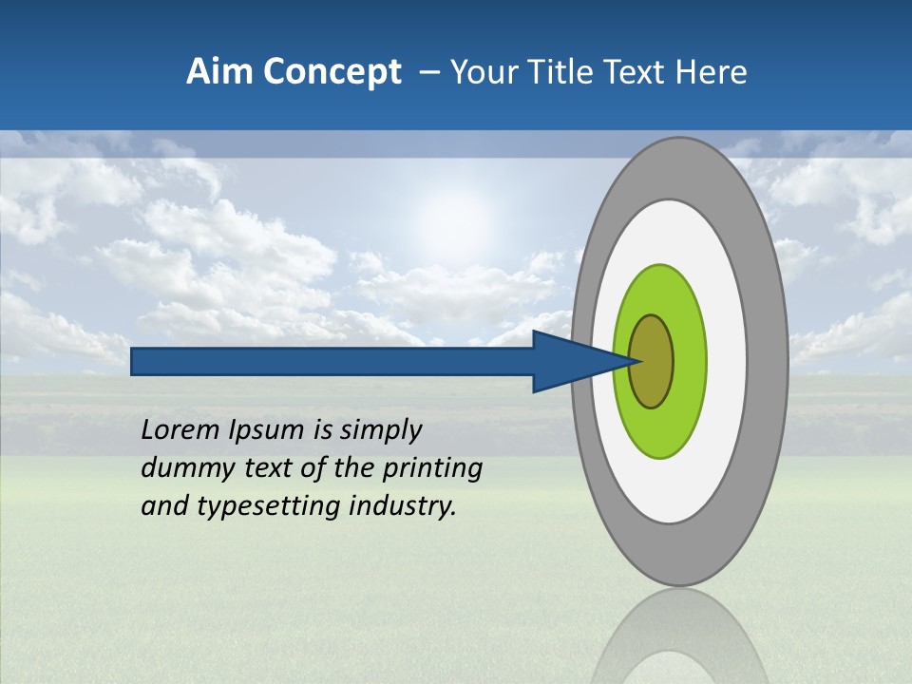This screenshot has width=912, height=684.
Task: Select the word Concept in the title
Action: click(x=331, y=72)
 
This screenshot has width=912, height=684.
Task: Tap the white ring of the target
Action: click(x=727, y=362)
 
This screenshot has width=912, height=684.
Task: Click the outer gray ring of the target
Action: click(x=769, y=362)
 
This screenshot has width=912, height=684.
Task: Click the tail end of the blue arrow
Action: click(x=135, y=362)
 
